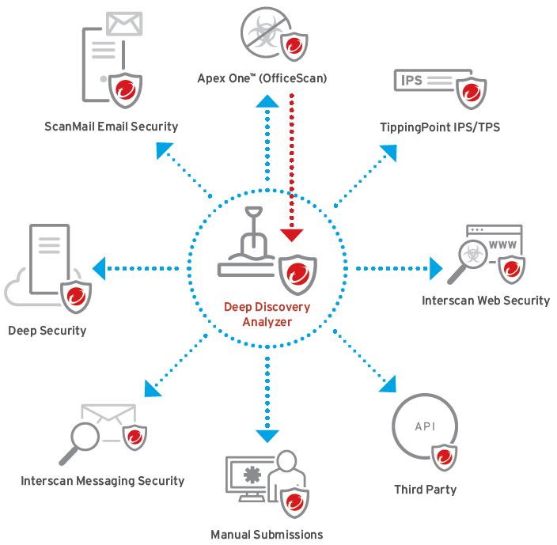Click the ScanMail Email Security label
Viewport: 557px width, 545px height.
[112, 127]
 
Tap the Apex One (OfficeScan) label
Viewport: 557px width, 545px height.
[262, 78]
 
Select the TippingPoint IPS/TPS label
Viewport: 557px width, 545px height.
[440, 127]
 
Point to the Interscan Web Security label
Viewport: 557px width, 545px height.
[485, 301]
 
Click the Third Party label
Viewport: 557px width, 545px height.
[425, 490]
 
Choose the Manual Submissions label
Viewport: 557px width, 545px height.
[267, 535]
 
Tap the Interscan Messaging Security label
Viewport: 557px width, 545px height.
[103, 480]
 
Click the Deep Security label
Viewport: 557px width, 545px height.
[47, 330]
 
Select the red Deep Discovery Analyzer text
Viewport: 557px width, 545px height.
[267, 314]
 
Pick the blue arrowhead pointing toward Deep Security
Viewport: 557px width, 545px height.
[100, 269]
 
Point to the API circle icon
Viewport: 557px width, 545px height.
[424, 427]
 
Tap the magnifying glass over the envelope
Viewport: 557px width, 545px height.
[80, 436]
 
